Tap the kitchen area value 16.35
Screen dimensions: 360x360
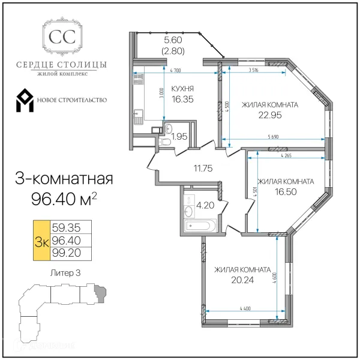[181, 101]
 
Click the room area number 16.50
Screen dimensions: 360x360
[285, 192]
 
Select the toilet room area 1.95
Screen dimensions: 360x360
[179, 136]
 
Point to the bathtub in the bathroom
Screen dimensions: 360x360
[196, 226]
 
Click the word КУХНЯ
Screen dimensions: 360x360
[181, 88]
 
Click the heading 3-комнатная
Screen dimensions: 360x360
[62, 178]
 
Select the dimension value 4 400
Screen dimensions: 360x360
[245, 308]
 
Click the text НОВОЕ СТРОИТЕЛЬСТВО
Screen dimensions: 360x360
[72, 100]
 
